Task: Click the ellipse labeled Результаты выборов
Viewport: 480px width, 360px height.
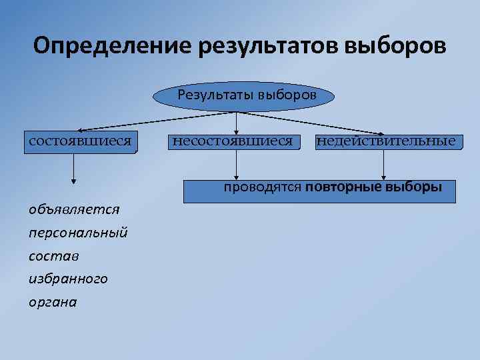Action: click(243, 97)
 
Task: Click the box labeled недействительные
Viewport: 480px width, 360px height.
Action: click(387, 142)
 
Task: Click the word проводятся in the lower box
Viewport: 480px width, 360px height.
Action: click(263, 187)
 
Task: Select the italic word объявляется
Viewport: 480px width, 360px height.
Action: click(74, 209)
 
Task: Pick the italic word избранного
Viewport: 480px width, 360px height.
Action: click(67, 279)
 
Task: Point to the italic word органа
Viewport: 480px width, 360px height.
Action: click(53, 303)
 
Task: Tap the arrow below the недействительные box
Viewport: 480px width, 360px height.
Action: click(383, 167)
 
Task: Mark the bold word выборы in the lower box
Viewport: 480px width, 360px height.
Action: click(419, 187)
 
